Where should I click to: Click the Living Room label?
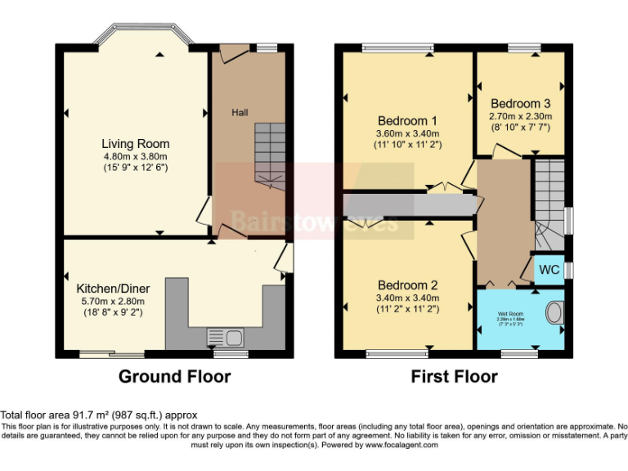pyautogui.click(x=135, y=144)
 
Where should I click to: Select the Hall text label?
pyautogui.click(x=240, y=112)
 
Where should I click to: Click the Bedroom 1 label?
pyautogui.click(x=407, y=120)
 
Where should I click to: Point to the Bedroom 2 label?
pyautogui.click(x=407, y=285)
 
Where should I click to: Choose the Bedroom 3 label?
pyautogui.click(x=520, y=104)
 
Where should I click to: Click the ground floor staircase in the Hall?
pyautogui.click(x=268, y=155)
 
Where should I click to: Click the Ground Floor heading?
pyautogui.click(x=174, y=377)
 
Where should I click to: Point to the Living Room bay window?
pyautogui.click(x=144, y=34)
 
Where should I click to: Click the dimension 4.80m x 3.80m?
pyautogui.click(x=135, y=157)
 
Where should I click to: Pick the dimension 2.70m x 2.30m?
pyautogui.click(x=520, y=116)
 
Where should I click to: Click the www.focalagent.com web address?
pyautogui.click(x=401, y=446)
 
